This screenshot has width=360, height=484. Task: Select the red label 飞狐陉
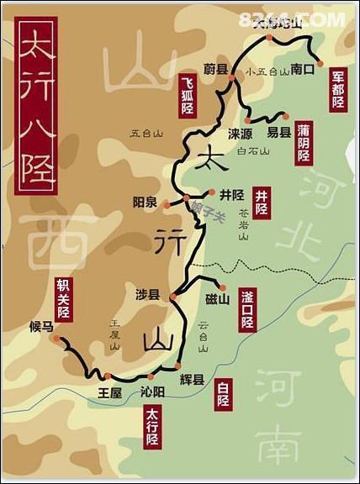[188, 95]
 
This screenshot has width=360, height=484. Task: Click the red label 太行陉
[152, 427]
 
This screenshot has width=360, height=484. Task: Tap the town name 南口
[302, 71]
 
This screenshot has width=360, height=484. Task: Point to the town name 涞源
[239, 134]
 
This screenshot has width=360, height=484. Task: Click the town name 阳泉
[146, 202]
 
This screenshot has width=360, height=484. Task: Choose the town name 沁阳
[152, 392]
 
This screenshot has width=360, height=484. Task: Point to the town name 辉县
[193, 380]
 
